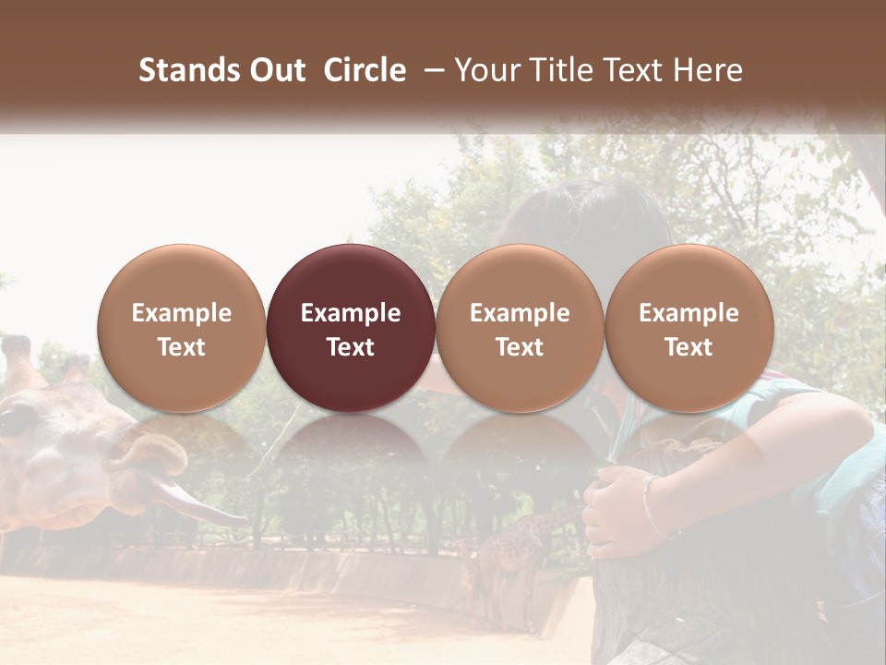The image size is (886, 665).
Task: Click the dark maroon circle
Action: pos(351,329)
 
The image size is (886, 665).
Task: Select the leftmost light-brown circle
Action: pos(182,329)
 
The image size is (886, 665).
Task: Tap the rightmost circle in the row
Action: pos(688,329)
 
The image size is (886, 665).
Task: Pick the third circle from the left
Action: pos(520,329)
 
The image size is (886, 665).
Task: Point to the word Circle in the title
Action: pos(365,70)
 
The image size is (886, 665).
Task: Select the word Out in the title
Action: pos(274,70)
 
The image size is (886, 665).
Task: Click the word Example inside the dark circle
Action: pos(351,313)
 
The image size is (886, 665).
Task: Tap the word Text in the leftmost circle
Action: pos(182,347)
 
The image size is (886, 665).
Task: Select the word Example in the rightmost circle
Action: pos(688,313)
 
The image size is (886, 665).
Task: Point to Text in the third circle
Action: pos(520,347)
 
